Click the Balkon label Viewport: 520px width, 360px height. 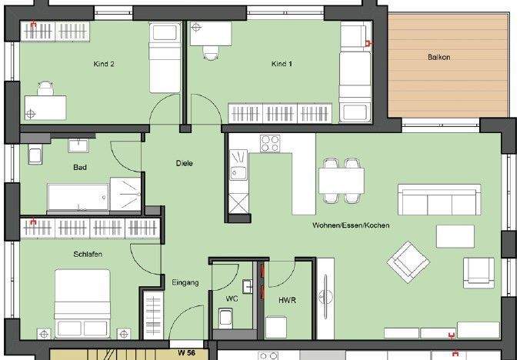[440, 57]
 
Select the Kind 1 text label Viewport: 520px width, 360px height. [282, 65]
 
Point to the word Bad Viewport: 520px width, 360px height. [80, 167]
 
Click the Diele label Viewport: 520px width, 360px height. [184, 163]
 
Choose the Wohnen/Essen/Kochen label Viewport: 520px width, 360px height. [351, 225]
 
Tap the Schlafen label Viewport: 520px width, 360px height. [88, 254]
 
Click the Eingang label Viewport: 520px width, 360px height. [185, 282]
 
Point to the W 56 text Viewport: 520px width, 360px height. [186, 353]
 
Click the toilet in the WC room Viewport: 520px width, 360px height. [225, 317]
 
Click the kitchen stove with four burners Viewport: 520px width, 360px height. [269, 144]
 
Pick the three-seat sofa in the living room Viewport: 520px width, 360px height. [435, 202]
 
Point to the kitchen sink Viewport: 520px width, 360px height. [238, 170]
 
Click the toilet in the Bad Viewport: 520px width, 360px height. [34, 155]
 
